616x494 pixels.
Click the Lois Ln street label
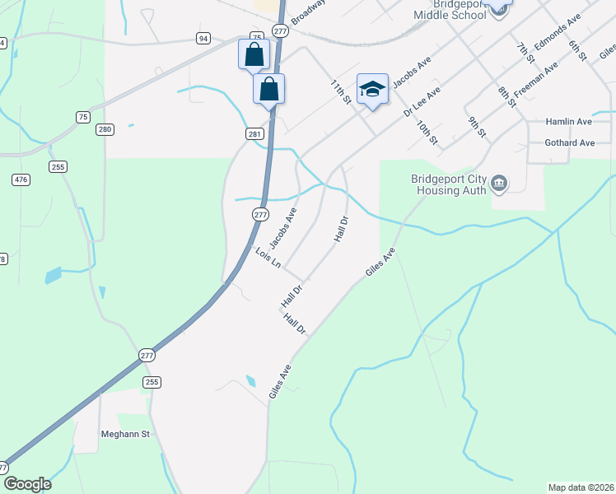tap(268, 258)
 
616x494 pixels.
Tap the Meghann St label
tap(123, 434)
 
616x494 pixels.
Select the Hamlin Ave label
tap(569, 122)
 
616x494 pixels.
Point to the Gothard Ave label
tap(570, 142)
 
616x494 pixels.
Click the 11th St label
tap(341, 92)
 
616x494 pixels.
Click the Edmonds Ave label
tap(558, 31)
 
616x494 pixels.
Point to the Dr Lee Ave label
tap(422, 103)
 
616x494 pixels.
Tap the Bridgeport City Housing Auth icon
tap(499, 183)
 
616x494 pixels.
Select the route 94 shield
tap(203, 38)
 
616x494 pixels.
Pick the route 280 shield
tap(105, 129)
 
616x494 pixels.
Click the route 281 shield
tap(254, 133)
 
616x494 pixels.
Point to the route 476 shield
tap(21, 179)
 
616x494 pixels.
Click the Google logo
tap(26, 484)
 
